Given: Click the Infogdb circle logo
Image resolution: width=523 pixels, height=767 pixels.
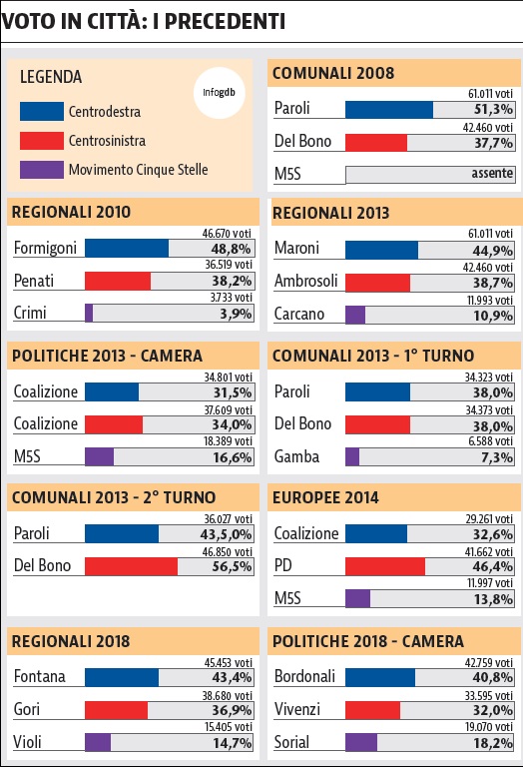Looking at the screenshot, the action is point(219,93).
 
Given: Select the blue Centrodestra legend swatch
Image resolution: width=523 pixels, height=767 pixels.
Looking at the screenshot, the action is point(42,112).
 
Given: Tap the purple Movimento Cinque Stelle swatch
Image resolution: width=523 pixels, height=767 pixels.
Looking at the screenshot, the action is point(42,170).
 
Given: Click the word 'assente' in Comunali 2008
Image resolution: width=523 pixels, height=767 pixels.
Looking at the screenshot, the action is point(492,173).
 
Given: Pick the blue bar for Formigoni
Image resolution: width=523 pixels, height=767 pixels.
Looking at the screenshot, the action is point(127,248).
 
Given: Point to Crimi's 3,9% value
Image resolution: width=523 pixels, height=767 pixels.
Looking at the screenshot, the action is point(236,314).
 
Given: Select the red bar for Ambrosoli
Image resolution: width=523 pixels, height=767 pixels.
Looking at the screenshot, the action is point(378,283).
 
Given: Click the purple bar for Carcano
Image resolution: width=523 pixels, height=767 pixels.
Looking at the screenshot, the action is point(355,315).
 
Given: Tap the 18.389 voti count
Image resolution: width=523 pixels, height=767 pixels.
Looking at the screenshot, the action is point(228,441).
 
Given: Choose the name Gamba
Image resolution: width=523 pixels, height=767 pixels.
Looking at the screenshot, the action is point(296,456).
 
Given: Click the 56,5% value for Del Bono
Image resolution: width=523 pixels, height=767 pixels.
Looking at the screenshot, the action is point(232,566).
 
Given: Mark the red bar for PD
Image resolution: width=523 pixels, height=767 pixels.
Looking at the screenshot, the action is point(385,566).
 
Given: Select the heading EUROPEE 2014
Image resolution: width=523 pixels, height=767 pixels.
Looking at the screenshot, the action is point(325,498).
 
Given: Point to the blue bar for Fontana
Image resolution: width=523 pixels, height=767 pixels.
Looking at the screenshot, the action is point(122,677).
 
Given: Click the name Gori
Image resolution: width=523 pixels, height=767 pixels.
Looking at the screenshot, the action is point(26,709).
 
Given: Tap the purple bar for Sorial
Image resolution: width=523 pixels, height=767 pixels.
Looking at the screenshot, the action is point(361,743).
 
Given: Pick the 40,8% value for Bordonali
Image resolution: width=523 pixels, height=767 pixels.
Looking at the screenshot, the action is point(493,677).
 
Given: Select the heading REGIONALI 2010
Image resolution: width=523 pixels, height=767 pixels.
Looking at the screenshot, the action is point(71,213).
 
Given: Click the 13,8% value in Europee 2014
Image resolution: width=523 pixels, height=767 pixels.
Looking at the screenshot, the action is point(493,599).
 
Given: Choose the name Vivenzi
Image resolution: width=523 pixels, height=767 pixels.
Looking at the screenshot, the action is point(297,709).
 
